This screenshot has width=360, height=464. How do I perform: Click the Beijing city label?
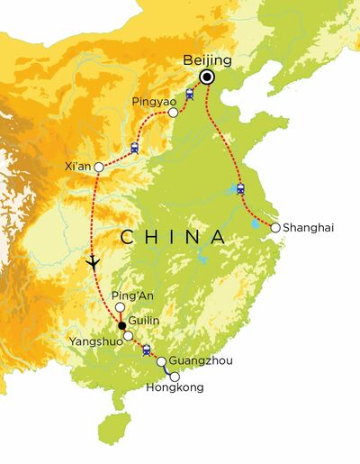tap(207, 60)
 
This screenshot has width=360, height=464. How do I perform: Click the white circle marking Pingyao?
tap(173, 114)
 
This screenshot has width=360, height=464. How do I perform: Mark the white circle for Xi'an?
tap(97, 166)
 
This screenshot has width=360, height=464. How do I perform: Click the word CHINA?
tap(173, 237)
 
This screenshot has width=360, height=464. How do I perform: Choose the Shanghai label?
tap(308, 228)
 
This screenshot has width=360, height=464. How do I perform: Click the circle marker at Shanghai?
tap(275, 227)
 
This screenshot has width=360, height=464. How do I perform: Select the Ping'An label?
tap(128, 295)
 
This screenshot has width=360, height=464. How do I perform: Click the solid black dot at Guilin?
tap(122, 326)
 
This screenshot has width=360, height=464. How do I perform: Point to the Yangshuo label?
tap(91, 341)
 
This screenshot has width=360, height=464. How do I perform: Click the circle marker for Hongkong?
tap(175, 376)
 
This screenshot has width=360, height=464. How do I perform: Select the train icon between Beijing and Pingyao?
tap(190, 94)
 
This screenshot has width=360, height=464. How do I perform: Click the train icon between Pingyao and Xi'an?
tap(135, 148)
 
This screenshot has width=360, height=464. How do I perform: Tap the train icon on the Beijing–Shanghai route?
tap(240, 189)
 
